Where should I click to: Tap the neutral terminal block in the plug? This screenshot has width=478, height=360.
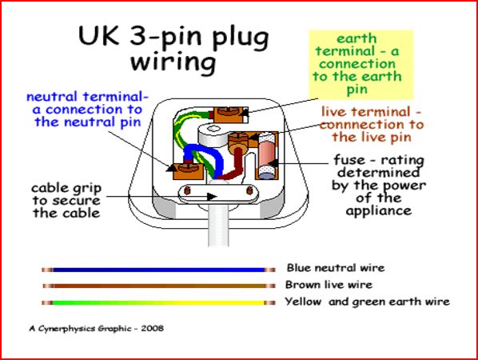click(188, 171)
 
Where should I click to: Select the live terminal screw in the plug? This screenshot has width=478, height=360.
click(238, 139)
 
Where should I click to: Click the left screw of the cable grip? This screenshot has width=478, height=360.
click(188, 190)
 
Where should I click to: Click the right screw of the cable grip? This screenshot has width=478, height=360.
click(249, 190)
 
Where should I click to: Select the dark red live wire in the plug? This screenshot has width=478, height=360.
click(233, 166)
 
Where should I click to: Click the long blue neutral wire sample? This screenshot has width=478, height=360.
click(158, 270)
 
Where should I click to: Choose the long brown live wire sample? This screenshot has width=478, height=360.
click(158, 286)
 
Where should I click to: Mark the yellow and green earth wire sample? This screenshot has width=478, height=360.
click(158, 302)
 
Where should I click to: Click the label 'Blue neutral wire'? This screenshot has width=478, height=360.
click(336, 268)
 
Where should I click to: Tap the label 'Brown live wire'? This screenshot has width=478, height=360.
click(329, 285)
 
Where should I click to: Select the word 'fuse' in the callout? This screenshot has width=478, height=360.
click(349, 160)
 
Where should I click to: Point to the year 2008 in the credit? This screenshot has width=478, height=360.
click(153, 329)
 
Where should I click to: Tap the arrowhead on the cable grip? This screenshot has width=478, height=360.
click(212, 197)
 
